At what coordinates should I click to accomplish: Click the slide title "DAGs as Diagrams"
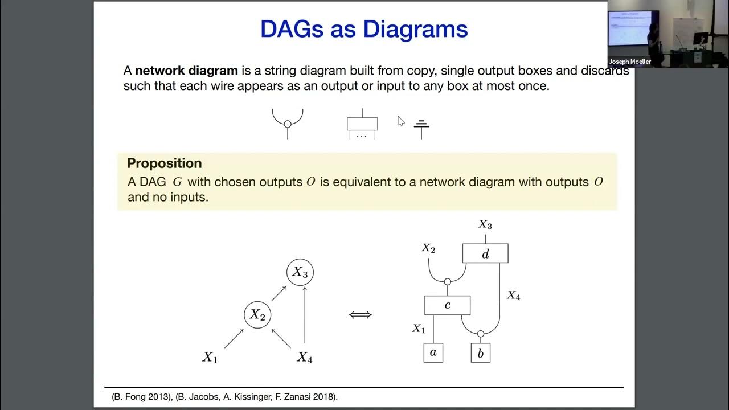pos(364,30)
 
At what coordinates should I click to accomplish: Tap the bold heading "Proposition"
pos(164,163)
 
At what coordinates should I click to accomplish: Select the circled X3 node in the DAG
pos(300,272)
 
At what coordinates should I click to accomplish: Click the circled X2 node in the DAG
pos(257,315)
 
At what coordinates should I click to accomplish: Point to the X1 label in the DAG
pos(210,358)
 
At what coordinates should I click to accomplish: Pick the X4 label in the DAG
pos(305,358)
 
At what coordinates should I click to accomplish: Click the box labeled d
pos(485,253)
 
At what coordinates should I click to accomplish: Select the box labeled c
pos(447,305)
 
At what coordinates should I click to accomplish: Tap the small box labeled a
pos(433,352)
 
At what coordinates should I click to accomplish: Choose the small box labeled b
pos(480,353)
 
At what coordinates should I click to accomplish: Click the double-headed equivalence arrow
pos(360,314)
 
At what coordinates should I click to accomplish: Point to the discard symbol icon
pos(421,128)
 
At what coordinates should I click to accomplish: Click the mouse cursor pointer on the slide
pos(400,121)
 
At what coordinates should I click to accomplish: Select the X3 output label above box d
pos(485,225)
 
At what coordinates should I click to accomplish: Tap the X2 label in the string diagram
pos(428,248)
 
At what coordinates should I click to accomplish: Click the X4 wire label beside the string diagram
pos(513,296)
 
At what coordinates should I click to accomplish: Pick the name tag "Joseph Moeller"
pos(629,61)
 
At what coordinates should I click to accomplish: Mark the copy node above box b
pos(480,334)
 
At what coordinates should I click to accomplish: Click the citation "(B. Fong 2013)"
pos(140,397)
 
